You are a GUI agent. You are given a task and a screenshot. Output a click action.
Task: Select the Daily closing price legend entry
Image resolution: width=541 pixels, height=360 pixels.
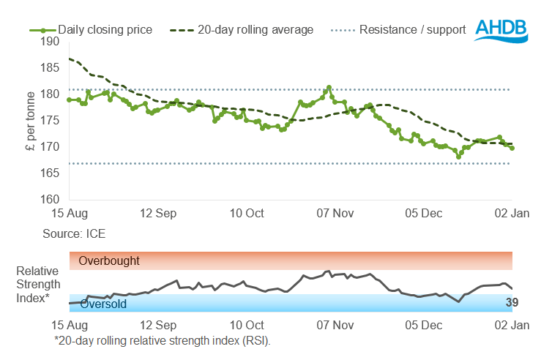coord(91,30)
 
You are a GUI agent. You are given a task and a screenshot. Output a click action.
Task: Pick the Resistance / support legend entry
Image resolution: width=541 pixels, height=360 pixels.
coord(402,30)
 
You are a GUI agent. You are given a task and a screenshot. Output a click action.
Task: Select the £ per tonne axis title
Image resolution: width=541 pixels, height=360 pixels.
coord(29,120)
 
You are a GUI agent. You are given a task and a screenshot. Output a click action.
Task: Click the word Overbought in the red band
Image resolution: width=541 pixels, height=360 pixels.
coord(109,260)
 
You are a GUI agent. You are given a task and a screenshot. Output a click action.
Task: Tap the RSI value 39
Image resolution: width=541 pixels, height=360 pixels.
coord(512,302)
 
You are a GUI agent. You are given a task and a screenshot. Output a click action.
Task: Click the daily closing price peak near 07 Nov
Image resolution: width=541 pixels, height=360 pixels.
coord(329,87)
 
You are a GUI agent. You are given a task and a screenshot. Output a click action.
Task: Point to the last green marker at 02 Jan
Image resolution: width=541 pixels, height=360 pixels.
coord(512,148)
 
